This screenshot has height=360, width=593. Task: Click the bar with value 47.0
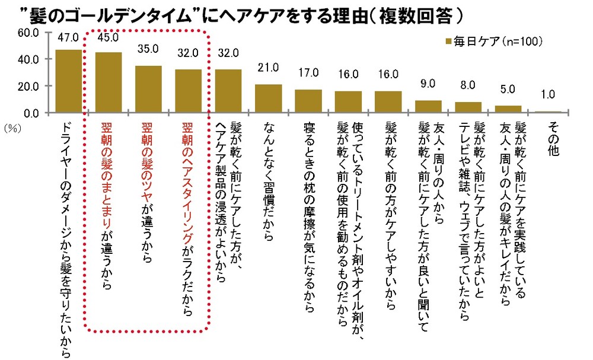68,81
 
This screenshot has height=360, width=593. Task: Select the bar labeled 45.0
109,82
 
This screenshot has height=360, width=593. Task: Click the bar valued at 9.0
428,106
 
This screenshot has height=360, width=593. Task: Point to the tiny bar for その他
548,111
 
